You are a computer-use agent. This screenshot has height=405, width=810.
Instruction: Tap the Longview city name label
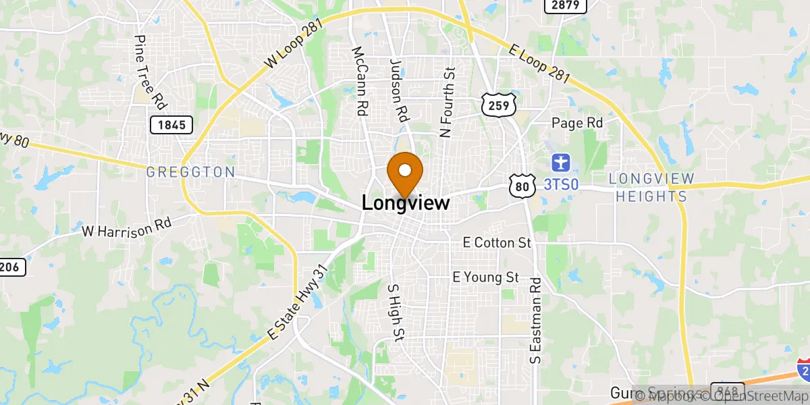[x=405, y=202]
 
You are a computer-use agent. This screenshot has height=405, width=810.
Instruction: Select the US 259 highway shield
[x=500, y=105]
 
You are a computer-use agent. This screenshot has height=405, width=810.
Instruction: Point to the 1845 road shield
[x=171, y=124]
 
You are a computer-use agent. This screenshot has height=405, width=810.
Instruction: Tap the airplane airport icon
[x=560, y=163]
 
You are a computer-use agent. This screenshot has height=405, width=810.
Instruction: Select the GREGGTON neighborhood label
[x=190, y=173]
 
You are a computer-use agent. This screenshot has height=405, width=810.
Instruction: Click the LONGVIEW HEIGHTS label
[x=651, y=188]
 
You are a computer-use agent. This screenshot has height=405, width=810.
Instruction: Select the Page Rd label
[x=576, y=123]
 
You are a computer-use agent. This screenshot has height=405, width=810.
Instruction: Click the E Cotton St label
[x=497, y=242]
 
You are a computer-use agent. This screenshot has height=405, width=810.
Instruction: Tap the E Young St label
[x=485, y=277]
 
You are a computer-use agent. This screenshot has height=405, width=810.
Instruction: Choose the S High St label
[x=395, y=311]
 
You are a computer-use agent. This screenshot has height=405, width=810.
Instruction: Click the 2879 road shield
[x=565, y=5]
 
